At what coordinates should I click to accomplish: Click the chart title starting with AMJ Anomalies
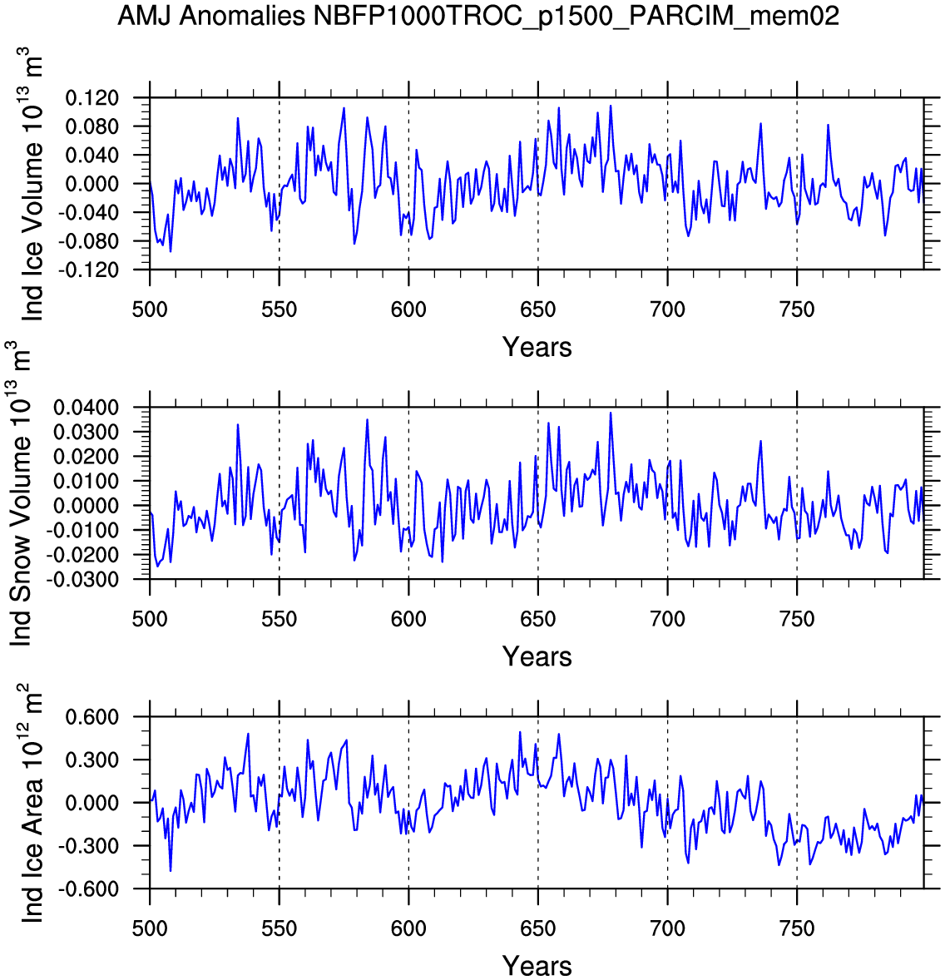point(477,16)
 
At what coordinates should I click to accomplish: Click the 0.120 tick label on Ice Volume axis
point(92,98)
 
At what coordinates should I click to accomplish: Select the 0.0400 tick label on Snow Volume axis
point(86,408)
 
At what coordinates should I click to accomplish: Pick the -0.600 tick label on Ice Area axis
point(89,889)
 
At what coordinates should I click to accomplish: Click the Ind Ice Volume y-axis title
point(33,184)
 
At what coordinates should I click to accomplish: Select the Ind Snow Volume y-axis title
point(22,493)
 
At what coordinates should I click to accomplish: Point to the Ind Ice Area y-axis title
point(33,803)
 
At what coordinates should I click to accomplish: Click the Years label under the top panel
point(537,347)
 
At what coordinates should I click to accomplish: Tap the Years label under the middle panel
point(537,656)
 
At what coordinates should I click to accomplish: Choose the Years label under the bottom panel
point(537,966)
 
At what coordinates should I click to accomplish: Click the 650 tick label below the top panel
point(538,310)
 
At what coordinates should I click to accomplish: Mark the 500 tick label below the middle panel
point(150,620)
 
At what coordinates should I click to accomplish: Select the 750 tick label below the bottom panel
point(797,929)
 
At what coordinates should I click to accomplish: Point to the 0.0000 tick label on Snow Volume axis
point(86,506)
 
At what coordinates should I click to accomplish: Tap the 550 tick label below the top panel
point(280,310)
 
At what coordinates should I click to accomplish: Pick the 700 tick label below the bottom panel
point(667,929)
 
